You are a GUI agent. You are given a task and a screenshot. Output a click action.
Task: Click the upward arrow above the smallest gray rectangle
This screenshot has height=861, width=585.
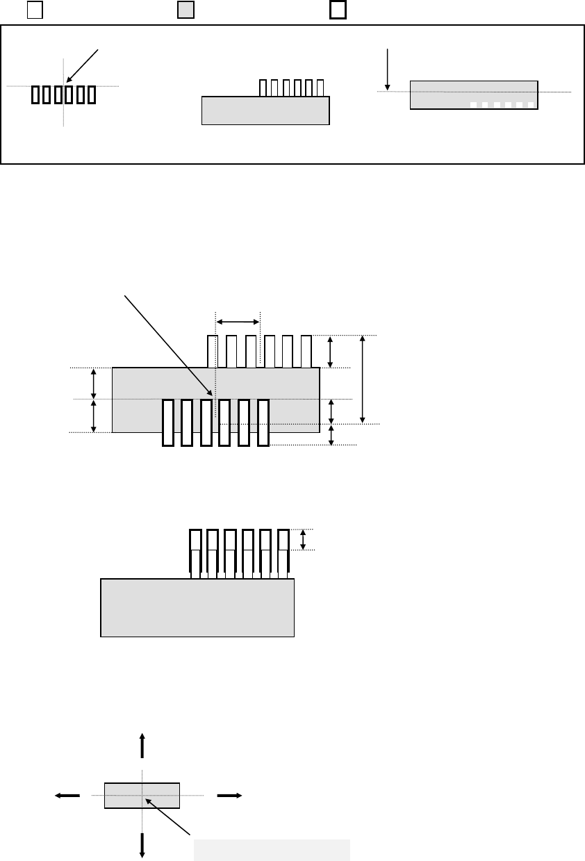pos(142,745)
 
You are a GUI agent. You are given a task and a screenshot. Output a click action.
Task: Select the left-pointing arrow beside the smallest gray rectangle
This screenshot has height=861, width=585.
pos(68,796)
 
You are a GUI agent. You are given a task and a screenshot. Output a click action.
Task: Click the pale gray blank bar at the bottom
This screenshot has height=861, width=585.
pos(271,850)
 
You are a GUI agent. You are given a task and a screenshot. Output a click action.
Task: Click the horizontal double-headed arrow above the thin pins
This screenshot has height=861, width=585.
pos(238,321)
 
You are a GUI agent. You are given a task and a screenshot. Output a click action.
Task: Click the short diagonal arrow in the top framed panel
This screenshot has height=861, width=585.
pos(84,67)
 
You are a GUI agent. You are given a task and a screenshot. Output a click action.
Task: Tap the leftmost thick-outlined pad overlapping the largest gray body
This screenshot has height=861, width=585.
pos(167,423)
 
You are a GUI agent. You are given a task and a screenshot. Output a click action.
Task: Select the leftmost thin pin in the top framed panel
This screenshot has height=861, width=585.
pos(263,88)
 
